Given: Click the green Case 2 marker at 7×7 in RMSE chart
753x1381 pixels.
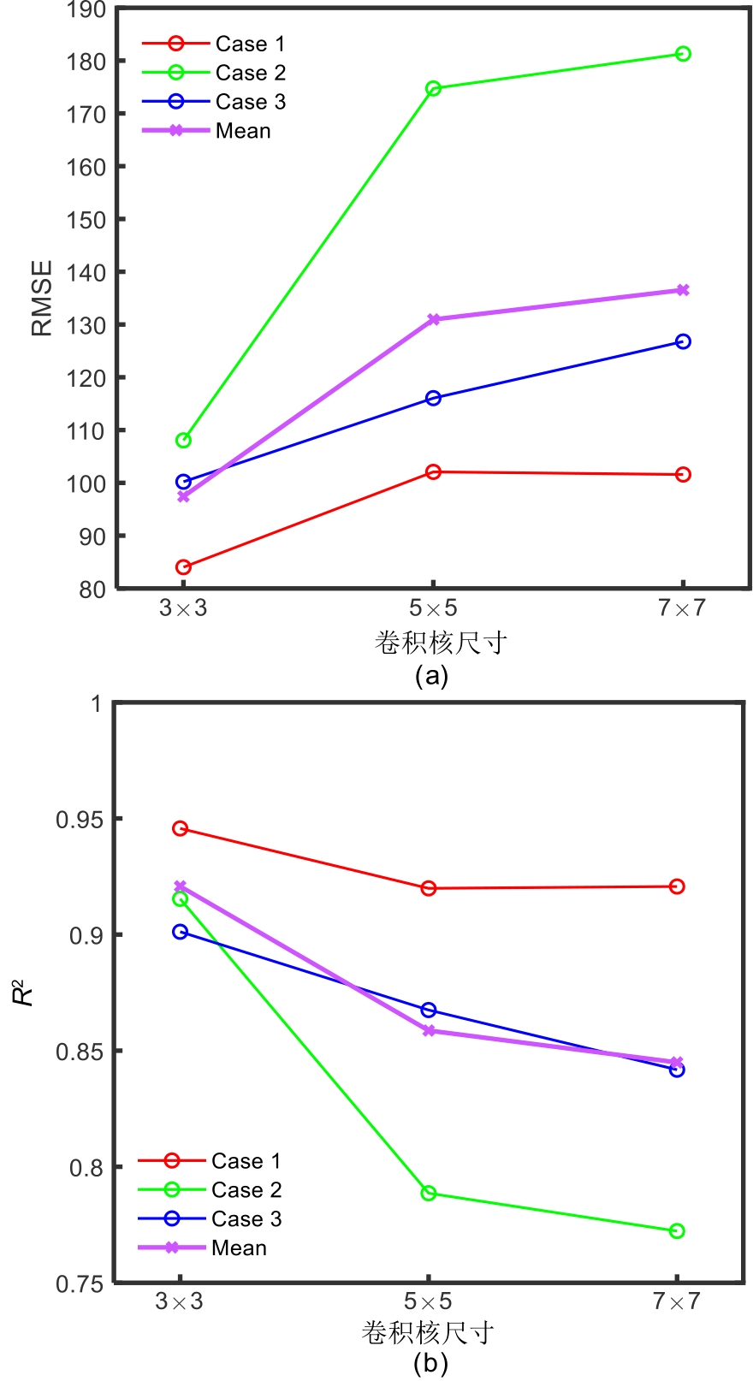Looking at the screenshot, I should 683,54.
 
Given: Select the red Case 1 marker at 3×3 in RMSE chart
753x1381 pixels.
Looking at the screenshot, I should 183,566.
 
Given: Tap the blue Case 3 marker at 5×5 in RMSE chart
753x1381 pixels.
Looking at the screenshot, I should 433,398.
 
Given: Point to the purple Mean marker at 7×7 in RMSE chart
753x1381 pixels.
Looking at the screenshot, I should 683,290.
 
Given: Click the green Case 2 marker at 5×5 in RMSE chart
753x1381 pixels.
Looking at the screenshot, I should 433,88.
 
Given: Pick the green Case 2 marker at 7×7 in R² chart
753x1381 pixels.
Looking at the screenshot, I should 677,1230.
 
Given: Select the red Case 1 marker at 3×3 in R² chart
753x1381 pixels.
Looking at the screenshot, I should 180,828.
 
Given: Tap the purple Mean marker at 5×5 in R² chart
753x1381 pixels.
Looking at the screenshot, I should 429,1030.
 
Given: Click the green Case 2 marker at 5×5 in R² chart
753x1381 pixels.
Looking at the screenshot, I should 429,1193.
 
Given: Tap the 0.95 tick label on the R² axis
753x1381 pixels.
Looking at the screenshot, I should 79,820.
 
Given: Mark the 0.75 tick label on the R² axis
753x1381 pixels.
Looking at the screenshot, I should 79,1284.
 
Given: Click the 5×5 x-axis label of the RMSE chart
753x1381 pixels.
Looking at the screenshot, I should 433,608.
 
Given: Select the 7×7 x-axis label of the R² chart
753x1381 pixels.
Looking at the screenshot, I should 677,1301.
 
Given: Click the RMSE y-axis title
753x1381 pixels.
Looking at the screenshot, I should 42,298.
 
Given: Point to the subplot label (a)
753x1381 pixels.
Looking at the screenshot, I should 431,676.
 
